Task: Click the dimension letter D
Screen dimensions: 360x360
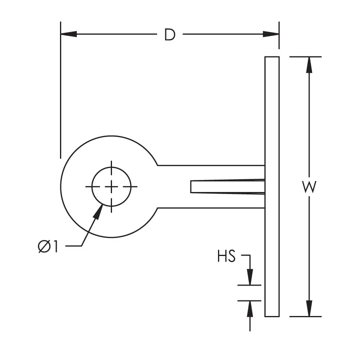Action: [170, 35]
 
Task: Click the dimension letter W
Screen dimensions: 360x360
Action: [309, 187]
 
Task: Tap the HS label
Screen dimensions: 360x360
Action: [226, 256]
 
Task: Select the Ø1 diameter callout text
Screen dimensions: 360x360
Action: [48, 247]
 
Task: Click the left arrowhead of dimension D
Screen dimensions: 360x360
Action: [68, 34]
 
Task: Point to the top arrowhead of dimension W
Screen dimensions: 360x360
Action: [309, 65]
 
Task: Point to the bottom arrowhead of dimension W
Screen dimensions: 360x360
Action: [309, 308]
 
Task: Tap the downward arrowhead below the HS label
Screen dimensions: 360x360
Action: [250, 277]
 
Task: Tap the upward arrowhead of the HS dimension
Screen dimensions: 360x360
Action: [250, 308]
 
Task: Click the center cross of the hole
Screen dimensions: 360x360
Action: [111, 186]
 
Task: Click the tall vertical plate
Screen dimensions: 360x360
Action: [272, 120]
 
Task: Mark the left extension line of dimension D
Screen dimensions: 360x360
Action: [60, 100]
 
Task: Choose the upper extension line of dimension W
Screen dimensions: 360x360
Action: [306, 57]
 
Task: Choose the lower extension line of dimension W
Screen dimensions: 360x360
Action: [306, 316]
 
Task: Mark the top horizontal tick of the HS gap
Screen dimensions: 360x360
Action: [250, 285]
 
